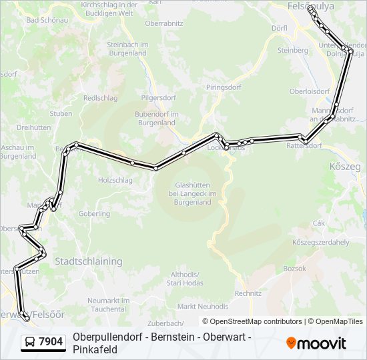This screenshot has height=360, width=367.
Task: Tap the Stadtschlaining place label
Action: tap(89, 261)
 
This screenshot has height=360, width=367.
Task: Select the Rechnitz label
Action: tap(248, 293)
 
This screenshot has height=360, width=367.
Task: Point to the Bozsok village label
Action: tap(294, 269)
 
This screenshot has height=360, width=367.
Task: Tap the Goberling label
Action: tap(94, 214)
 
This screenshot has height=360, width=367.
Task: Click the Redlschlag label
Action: tap(101, 98)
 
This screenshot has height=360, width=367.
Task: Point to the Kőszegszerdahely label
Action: tap(320, 242)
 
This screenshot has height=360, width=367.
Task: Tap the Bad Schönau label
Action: tap(42, 20)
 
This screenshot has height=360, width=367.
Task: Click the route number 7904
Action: tap(51, 342)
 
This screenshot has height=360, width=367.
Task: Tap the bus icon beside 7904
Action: tap(30, 343)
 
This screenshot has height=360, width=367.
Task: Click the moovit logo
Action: tap(316, 343)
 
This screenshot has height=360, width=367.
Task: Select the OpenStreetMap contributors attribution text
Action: tap(252, 321)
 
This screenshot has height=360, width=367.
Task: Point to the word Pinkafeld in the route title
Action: tap(95, 349)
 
